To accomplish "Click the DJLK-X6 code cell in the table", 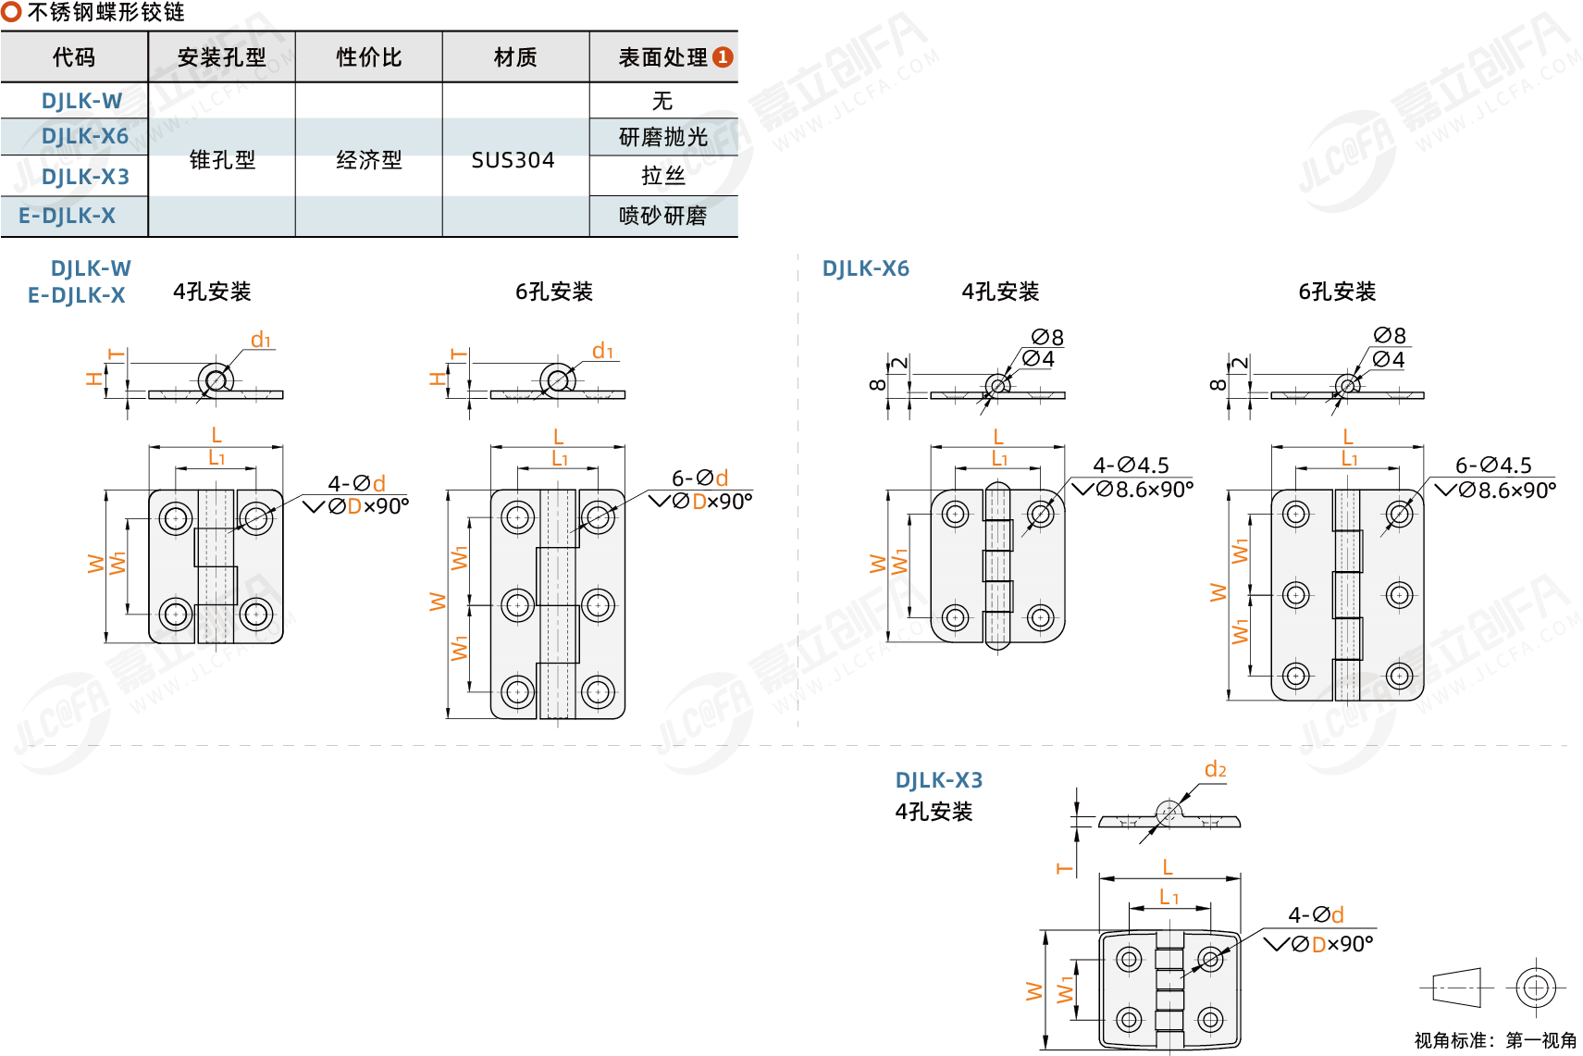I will point(84,137).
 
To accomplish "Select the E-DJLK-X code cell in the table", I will point(68,217).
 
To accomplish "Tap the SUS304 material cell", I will point(513,160).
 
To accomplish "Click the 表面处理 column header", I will point(662,57).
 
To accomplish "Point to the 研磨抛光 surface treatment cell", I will point(662,138).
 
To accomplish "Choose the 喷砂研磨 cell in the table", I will point(662,217).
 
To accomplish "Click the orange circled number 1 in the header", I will point(723,57).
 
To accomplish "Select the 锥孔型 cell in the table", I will point(222,160).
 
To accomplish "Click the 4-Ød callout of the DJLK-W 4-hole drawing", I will point(356,484).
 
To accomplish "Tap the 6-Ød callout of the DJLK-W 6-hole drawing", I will point(699,478).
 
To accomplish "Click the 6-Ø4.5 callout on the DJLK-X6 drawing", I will point(1493,466).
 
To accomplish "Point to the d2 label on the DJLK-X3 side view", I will point(1215,770).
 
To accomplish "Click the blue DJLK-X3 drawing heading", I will point(938,781).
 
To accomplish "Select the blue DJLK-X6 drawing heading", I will point(865,269).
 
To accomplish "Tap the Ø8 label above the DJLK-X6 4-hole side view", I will point(1047,337).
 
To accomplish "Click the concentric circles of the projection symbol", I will point(1536,988).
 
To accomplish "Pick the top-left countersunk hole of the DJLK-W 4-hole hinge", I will point(176,518).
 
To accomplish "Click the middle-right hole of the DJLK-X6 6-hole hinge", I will point(1399,595).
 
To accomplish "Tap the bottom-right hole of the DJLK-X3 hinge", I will point(1210,1020).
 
